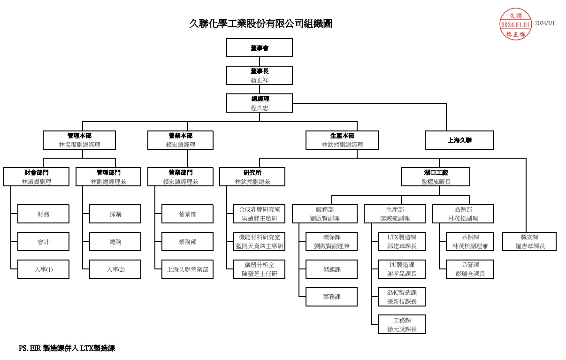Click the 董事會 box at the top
pyautogui.click(x=260, y=48)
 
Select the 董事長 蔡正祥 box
pyautogui.click(x=260, y=76)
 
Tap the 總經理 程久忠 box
pyautogui.click(x=260, y=103)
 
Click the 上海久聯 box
pyautogui.click(x=459, y=140)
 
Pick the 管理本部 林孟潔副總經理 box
pyautogui.click(x=79, y=140)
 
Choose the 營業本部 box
pyautogui.click(x=180, y=140)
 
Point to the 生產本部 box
pyautogui.click(x=342, y=140)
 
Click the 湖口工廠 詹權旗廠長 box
pyautogui.click(x=436, y=177)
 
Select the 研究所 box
pyautogui.click(x=252, y=177)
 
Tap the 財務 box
pyautogui.click(x=44, y=214)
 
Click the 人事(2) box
pyautogui.click(x=115, y=269)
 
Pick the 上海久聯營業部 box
pyautogui.click(x=187, y=269)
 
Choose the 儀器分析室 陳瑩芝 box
pyautogui.click(x=259, y=269)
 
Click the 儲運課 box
pyautogui.click(x=331, y=269)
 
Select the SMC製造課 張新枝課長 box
pyautogui.click(x=402, y=297)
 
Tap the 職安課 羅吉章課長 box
pyautogui.click(x=529, y=242)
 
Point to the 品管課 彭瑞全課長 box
pyautogui.click(x=470, y=269)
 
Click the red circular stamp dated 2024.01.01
pyautogui.click(x=516, y=24)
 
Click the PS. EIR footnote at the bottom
pyautogui.click(x=67, y=348)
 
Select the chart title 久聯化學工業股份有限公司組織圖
pyautogui.click(x=260, y=23)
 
